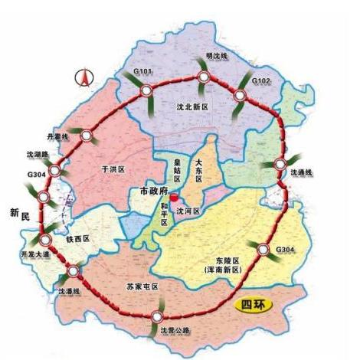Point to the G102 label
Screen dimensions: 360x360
point(263,78)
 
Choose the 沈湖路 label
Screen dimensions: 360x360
point(37,155)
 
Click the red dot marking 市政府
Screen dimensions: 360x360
point(173,197)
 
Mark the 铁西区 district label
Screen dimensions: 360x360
point(78,239)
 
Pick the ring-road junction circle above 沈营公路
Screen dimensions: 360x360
point(158,316)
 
